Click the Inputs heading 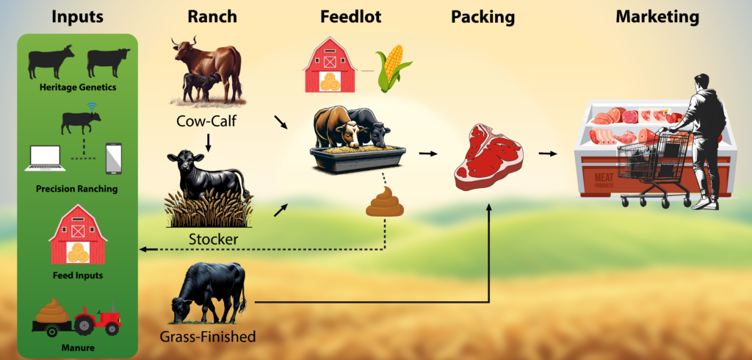coord(77,17)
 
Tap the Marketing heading coord(657,18)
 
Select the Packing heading coord(482,18)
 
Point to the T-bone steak coord(488,157)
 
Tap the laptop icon coord(45,159)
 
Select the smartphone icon coord(114,159)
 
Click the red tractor coord(98,319)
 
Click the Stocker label coord(213,239)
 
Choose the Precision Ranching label coord(76,189)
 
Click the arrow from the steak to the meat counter coord(548,154)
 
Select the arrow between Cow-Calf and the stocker coord(209,142)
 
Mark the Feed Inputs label coord(78,276)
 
